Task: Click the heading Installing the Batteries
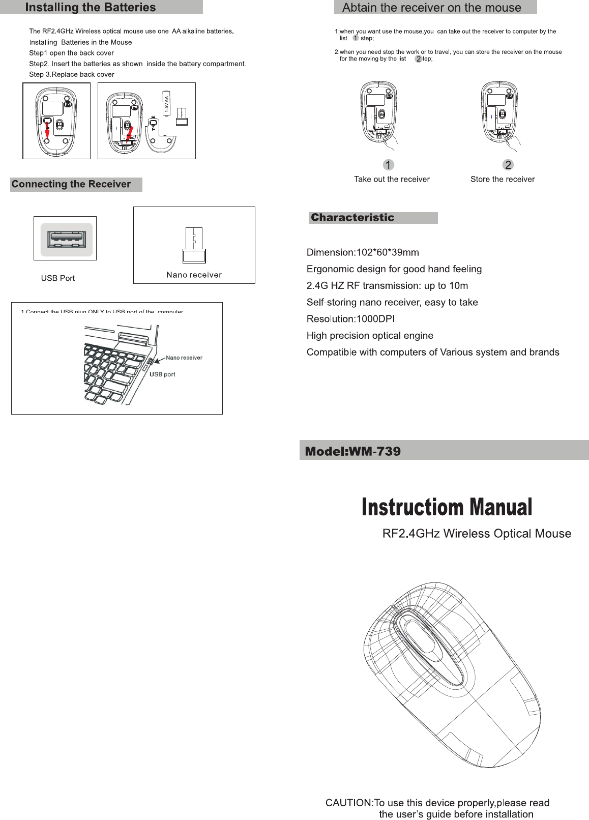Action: pyautogui.click(x=91, y=8)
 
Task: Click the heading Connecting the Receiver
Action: pyautogui.click(x=71, y=184)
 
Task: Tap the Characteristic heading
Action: pyautogui.click(x=352, y=218)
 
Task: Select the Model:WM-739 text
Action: pyautogui.click(x=352, y=451)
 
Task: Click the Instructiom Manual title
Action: pyautogui.click(x=447, y=507)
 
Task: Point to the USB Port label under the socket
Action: pyautogui.click(x=58, y=278)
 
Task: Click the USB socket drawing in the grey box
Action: pyautogui.click(x=65, y=239)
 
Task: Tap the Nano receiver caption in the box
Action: pyautogui.click(x=194, y=275)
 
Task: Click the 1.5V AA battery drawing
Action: pyautogui.click(x=166, y=104)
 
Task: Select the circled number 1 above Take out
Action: pyautogui.click(x=388, y=165)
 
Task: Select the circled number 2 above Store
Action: pyautogui.click(x=508, y=165)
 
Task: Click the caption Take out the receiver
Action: pyautogui.click(x=392, y=179)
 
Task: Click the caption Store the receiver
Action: pyautogui.click(x=503, y=179)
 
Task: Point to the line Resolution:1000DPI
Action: pyautogui.click(x=350, y=319)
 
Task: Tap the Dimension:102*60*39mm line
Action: pyautogui.click(x=363, y=252)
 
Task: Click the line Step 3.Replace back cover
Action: pyautogui.click(x=72, y=74)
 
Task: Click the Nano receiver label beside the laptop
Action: pyautogui.click(x=184, y=358)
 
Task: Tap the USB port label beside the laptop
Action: pyautogui.click(x=162, y=374)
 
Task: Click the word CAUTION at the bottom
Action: pyautogui.click(x=348, y=803)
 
